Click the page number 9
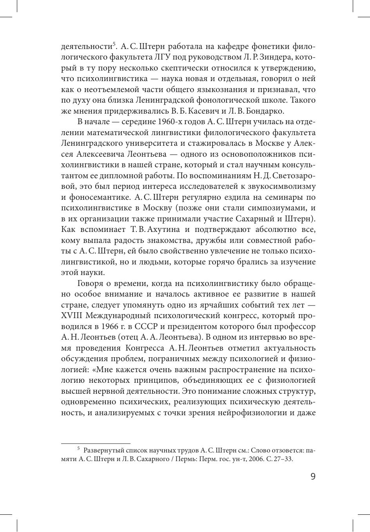pos(312,476)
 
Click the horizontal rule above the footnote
pos(96,444)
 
